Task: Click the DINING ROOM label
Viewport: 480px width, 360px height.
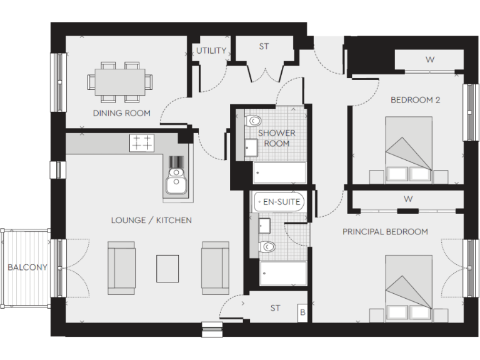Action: coord(121,113)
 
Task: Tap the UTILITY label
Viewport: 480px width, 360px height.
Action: coord(211,51)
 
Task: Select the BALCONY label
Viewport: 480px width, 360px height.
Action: coord(27,267)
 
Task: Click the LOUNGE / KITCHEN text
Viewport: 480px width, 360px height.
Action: coord(151,220)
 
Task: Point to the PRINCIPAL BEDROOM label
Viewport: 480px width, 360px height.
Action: coord(385,232)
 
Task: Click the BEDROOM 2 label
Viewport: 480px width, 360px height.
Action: coord(411,99)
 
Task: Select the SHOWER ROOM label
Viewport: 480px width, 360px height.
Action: coord(276,138)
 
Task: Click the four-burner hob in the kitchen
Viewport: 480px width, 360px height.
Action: coord(142,143)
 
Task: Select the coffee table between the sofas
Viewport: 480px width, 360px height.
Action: coord(167,268)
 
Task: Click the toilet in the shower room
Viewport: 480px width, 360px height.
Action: coord(254,121)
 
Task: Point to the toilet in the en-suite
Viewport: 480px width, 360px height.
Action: coord(269,246)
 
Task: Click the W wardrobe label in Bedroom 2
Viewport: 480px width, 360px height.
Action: coord(429,60)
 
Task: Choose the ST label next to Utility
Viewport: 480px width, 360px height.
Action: coord(264,46)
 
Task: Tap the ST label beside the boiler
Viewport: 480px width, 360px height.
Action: coord(275,308)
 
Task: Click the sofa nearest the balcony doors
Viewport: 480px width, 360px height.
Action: coord(121,267)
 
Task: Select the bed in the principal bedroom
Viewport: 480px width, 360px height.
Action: coord(408,287)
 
